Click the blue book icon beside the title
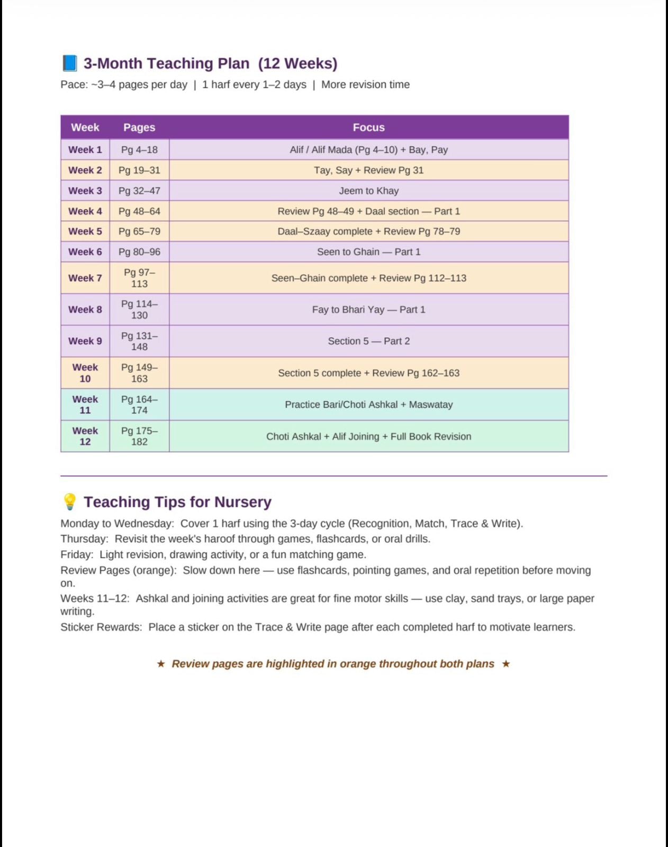tap(69, 63)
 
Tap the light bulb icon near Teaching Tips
tap(69, 501)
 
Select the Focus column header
tap(368, 128)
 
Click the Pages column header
tap(139, 128)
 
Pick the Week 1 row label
tap(85, 150)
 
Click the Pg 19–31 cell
tap(139, 170)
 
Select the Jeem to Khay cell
tap(368, 191)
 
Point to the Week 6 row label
tap(85, 252)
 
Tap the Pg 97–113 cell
tap(139, 278)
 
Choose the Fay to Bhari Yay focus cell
tap(368, 310)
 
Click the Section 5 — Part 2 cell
tap(368, 341)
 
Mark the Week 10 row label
tap(85, 373)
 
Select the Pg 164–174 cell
tap(139, 404)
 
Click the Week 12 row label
tap(85, 436)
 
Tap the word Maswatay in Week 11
tap(431, 404)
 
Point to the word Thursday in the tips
tap(84, 539)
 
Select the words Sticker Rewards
tap(101, 627)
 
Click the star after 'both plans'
tap(506, 664)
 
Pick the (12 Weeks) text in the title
tap(297, 64)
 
